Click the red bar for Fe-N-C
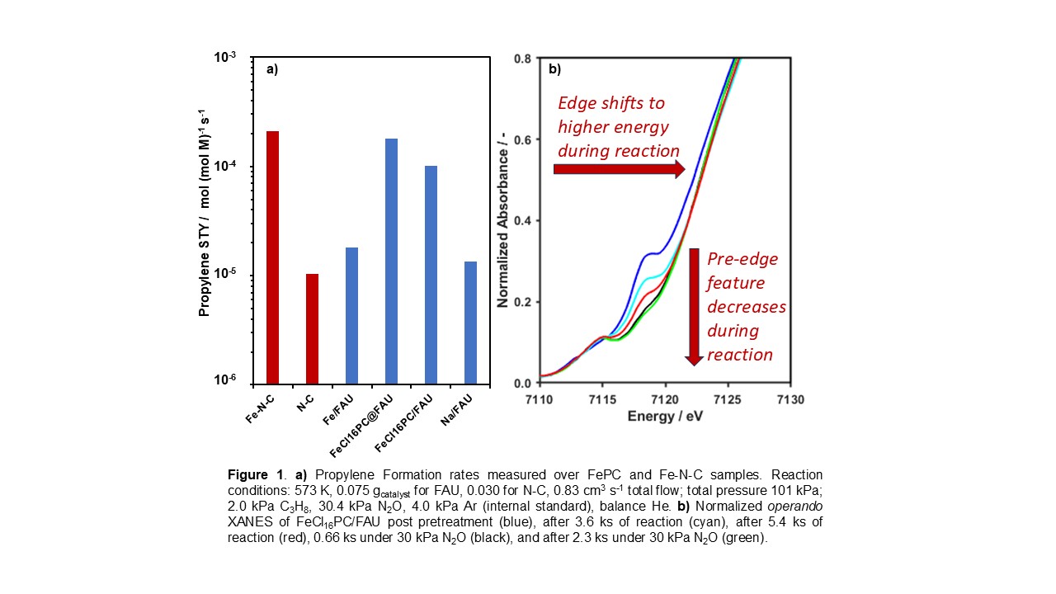click(272, 257)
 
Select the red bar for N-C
click(312, 328)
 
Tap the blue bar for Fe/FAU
click(351, 315)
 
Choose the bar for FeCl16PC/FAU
click(431, 275)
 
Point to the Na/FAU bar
click(470, 323)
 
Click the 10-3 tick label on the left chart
click(224, 57)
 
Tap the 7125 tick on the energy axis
click(728, 400)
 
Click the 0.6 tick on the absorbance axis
click(521, 139)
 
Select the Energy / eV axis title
click(664, 416)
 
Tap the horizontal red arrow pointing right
click(619, 169)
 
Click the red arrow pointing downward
click(694, 306)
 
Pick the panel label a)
click(271, 70)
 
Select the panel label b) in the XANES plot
click(555, 70)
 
